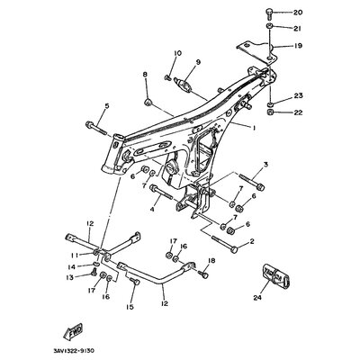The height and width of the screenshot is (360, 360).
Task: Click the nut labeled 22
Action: (x=270, y=113)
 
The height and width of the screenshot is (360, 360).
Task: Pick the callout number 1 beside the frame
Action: (x=254, y=128)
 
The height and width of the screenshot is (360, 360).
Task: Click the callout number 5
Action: (x=107, y=105)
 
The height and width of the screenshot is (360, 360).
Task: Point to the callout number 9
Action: (x=198, y=62)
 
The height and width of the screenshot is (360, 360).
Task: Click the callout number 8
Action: (x=146, y=74)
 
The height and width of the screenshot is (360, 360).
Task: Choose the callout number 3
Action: (x=265, y=165)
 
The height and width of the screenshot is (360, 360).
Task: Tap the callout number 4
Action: (x=152, y=210)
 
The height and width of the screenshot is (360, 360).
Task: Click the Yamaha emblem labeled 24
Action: (x=275, y=274)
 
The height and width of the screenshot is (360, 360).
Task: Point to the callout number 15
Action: (x=130, y=308)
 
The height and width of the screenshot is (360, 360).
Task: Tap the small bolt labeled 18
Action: (x=203, y=274)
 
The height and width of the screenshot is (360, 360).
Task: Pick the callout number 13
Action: (x=70, y=278)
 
